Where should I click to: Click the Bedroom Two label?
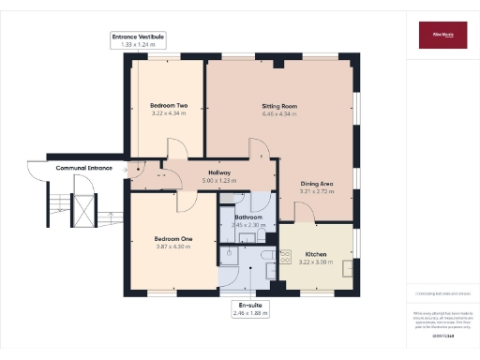169,106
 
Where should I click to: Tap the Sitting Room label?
279,107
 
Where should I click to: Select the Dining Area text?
316,184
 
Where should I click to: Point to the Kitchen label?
316,254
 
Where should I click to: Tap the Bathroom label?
248,217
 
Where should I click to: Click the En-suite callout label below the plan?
248,306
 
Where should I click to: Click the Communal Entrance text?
83,168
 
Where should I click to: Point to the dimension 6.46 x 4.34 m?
279,114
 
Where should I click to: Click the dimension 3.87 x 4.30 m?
173,247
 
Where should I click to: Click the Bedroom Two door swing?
175,150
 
